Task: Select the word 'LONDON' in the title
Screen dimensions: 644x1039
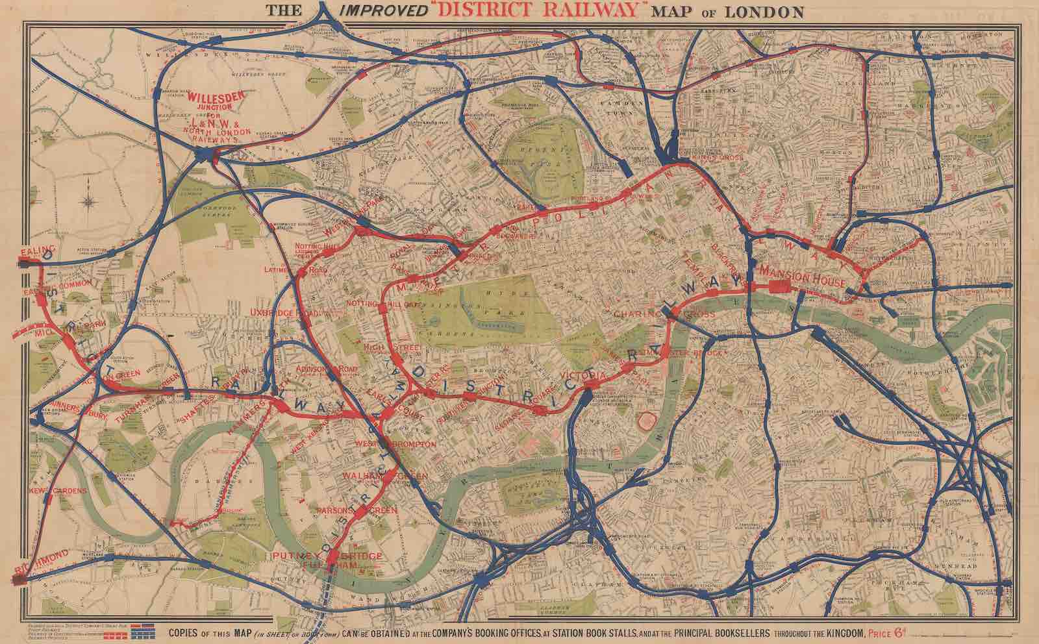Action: click(770, 12)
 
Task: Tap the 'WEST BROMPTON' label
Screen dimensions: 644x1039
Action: click(395, 443)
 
